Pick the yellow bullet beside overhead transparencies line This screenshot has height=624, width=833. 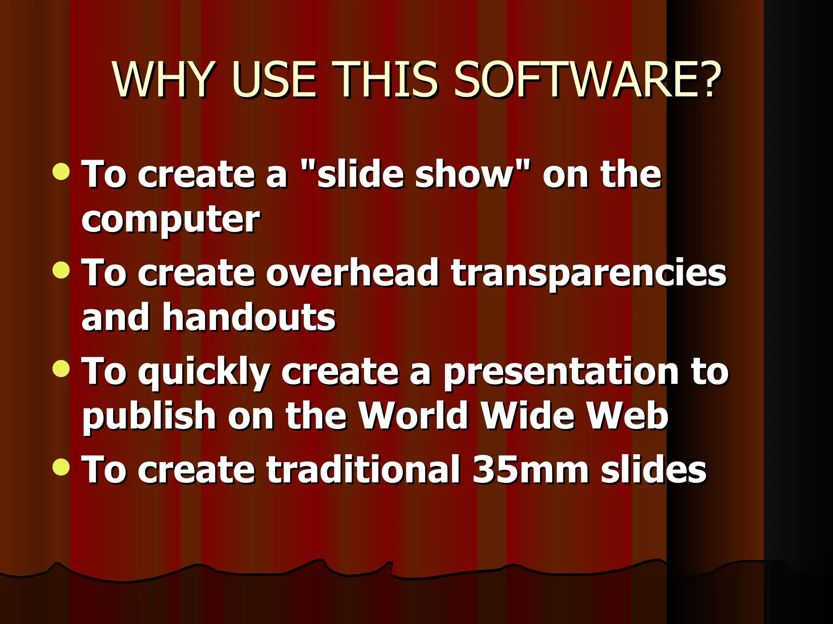[61, 269]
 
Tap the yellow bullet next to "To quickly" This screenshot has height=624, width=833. [61, 368]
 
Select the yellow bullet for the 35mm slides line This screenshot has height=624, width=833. [61, 466]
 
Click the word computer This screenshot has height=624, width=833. [170, 220]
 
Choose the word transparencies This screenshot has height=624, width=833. [589, 273]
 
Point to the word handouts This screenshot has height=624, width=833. [249, 317]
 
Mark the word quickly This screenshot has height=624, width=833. [203, 373]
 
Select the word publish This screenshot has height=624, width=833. [149, 417]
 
